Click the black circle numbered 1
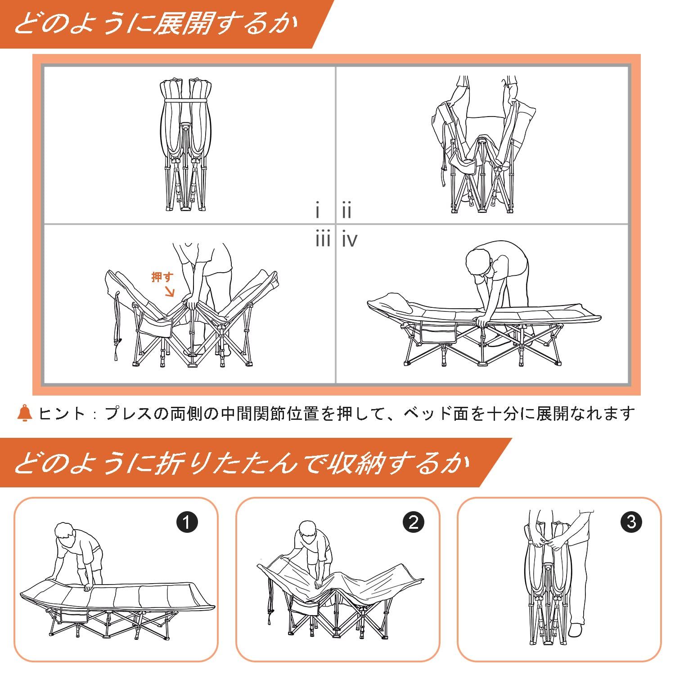click(187, 522)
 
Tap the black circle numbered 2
click(414, 522)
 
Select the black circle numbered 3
click(631, 522)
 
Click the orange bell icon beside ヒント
click(25, 413)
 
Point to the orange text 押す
click(162, 277)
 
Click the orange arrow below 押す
click(170, 292)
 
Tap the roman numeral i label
click(318, 211)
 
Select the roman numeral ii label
click(346, 211)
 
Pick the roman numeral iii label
click(323, 239)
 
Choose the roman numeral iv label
click(350, 239)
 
